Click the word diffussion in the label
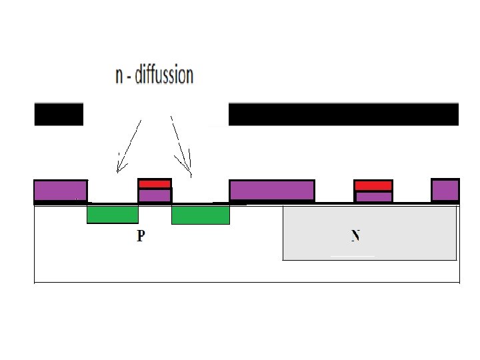click(164, 75)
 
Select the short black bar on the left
click(59, 114)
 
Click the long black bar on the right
click(343, 114)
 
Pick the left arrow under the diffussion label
click(129, 145)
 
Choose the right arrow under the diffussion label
click(181, 145)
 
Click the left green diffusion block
click(113, 215)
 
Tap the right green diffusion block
click(200, 215)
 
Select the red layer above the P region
click(155, 183)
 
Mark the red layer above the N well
click(373, 185)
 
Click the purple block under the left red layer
click(155, 195)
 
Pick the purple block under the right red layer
click(373, 197)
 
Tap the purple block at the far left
click(60, 190)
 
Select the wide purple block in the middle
click(272, 190)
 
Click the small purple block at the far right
click(445, 190)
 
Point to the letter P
click(141, 236)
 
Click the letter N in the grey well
click(356, 235)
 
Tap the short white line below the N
click(353, 256)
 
